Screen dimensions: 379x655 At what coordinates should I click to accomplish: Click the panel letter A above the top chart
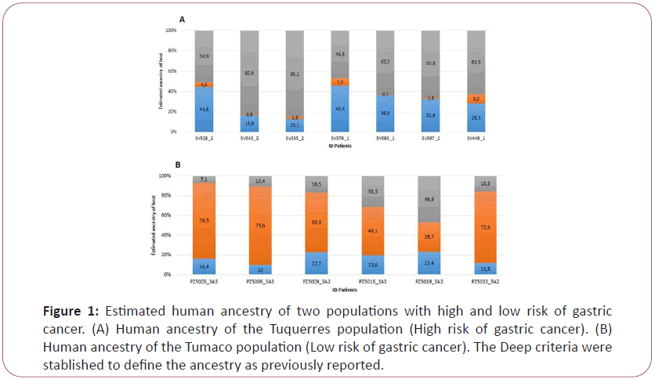(183, 19)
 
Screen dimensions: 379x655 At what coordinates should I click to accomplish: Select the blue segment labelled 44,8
(203, 110)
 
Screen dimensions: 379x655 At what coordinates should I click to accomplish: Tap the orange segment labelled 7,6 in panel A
(339, 81)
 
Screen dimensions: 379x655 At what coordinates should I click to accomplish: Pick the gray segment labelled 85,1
(294, 75)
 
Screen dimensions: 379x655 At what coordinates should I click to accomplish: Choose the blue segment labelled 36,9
(384, 114)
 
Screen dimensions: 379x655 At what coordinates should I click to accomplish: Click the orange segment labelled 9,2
(476, 99)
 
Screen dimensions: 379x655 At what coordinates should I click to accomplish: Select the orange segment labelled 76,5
(204, 221)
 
